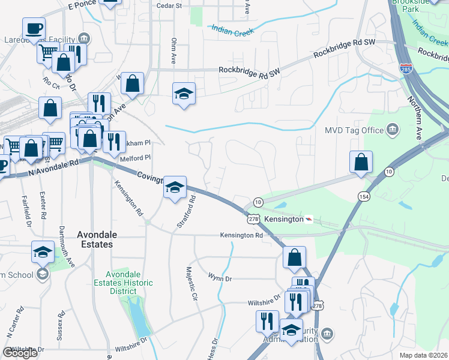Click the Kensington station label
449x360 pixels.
tap(284, 220)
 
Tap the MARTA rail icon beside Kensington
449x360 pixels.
tap(309, 220)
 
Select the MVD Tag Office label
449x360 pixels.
tap(354, 130)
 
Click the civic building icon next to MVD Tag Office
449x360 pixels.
tap(393, 129)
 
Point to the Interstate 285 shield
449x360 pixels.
tap(406, 70)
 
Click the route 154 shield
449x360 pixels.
tap(365, 197)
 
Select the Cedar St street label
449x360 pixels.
tap(169, 5)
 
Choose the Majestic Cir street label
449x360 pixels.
tap(191, 284)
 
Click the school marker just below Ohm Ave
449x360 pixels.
tap(184, 94)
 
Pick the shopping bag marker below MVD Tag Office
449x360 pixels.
tap(361, 162)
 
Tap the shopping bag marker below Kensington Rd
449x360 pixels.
tap(295, 257)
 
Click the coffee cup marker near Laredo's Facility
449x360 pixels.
tap(34, 28)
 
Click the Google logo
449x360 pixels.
tap(20, 353)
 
